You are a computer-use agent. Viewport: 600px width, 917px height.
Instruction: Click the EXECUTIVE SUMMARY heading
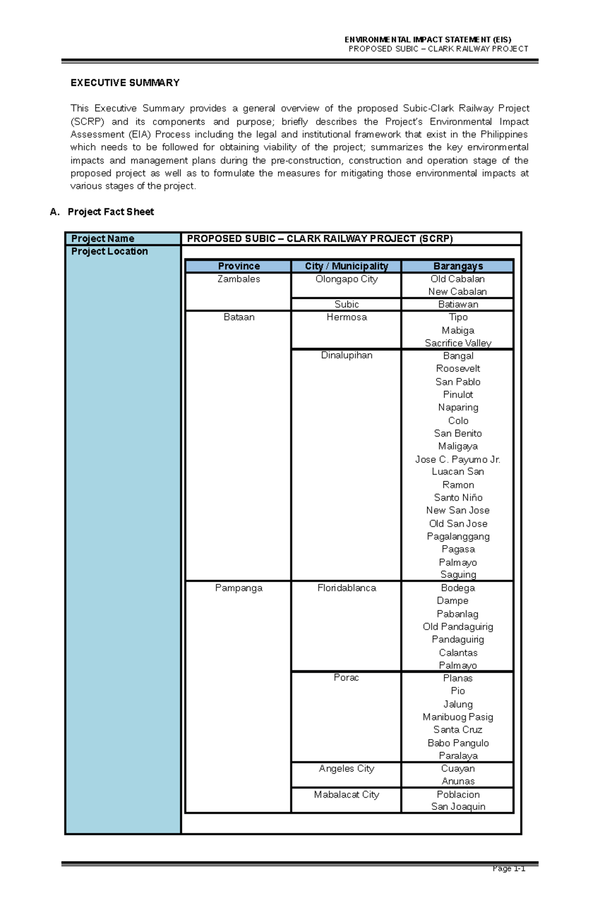[125, 83]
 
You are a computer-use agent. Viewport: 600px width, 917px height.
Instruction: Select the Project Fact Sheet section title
[110, 212]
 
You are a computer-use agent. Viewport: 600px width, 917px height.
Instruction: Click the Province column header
[238, 266]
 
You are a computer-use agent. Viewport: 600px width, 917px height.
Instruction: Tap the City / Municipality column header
[346, 266]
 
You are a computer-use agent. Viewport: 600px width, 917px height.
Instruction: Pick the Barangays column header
[458, 266]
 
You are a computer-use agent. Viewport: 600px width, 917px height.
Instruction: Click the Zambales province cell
[238, 279]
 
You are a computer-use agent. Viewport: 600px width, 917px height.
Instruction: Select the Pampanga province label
[238, 588]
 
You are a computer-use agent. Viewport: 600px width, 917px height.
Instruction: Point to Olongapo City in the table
[346, 279]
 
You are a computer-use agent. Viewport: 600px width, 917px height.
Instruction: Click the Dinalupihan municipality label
[346, 355]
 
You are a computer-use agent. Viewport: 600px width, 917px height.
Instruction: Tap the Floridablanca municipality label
[346, 588]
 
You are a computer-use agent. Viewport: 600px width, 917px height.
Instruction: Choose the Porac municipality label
[346, 678]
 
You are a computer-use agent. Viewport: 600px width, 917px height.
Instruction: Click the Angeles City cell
[346, 769]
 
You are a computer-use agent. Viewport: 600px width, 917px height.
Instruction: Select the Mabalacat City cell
[346, 795]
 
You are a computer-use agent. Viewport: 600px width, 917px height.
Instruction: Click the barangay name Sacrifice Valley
[458, 343]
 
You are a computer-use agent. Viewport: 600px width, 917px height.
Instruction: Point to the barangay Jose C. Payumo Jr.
[457, 460]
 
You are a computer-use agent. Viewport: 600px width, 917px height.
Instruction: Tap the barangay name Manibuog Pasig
[457, 717]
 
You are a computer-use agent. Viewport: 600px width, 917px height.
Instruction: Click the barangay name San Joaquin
[458, 807]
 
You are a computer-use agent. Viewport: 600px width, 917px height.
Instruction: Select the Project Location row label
[109, 251]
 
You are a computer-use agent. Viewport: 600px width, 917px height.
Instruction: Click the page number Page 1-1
[508, 869]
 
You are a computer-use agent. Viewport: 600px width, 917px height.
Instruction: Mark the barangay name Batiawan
[458, 304]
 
